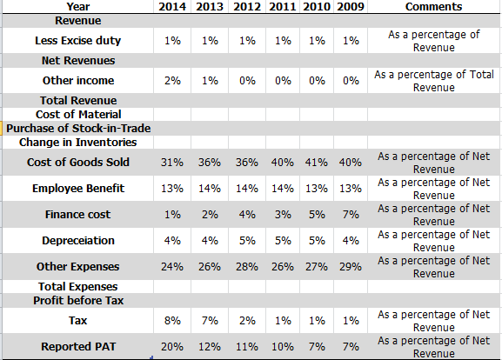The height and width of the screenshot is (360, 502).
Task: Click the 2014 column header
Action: (172, 7)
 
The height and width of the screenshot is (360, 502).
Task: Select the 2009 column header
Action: (351, 7)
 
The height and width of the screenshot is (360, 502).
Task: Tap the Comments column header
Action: (433, 7)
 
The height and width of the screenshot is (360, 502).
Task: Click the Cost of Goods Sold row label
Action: (78, 163)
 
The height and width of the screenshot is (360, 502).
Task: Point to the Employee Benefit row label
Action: (78, 189)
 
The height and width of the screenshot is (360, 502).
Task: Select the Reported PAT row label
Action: (78, 347)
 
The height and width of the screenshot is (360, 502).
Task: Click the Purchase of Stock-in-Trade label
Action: (78, 129)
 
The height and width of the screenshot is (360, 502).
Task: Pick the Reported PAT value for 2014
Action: (172, 347)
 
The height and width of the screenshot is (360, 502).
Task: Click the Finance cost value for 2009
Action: (351, 215)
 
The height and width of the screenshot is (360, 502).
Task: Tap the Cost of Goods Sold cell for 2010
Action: (317, 163)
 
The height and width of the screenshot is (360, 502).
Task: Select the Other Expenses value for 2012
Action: (247, 267)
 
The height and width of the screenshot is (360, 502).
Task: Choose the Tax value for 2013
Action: (210, 320)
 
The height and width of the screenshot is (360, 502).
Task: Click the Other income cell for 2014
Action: (172, 80)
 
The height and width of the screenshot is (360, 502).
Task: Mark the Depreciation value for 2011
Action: (283, 241)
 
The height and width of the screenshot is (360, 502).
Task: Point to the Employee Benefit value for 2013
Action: (210, 189)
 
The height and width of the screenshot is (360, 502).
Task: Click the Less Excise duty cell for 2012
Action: (247, 41)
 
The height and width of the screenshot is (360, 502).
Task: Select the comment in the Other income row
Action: (434, 81)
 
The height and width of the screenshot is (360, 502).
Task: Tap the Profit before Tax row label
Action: (78, 301)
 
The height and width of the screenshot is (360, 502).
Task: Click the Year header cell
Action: (78, 7)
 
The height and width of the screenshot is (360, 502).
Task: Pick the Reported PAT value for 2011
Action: (283, 347)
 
